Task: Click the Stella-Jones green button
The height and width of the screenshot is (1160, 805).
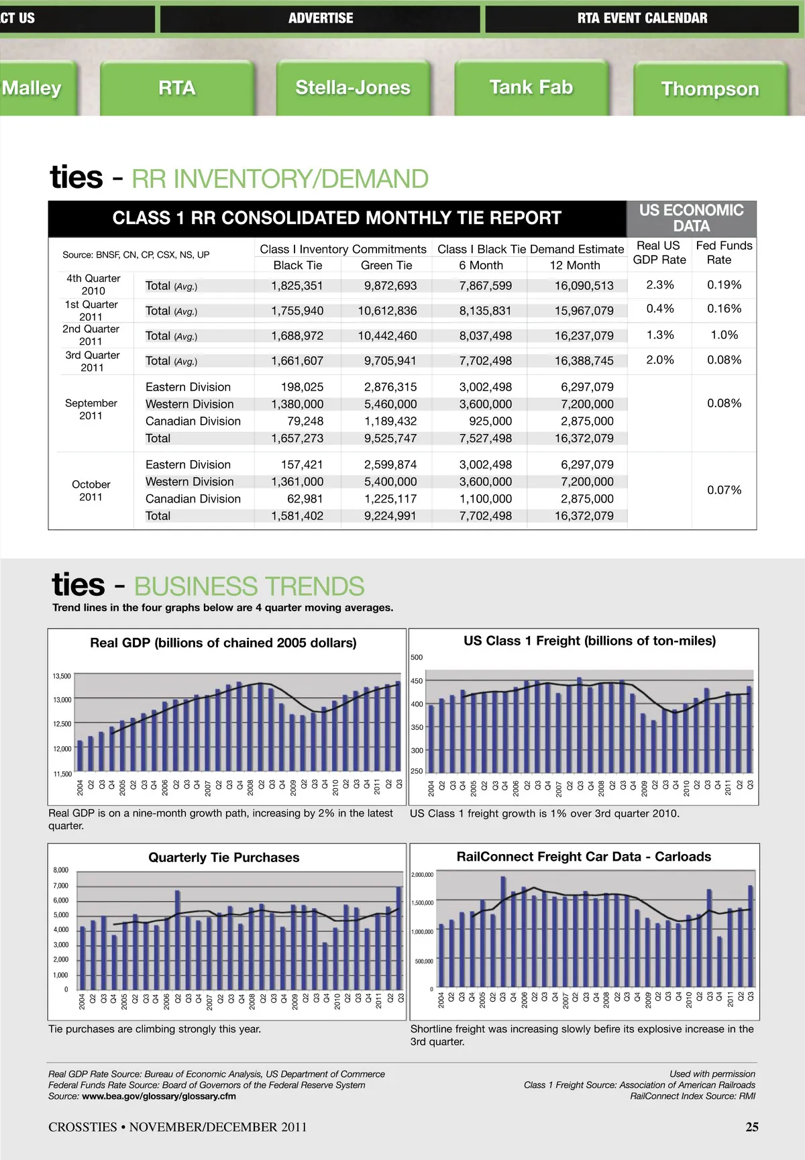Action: [x=353, y=88]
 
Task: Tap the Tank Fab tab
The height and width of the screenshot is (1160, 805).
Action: [x=531, y=87]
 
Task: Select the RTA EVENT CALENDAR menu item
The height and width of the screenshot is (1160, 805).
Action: [x=642, y=18]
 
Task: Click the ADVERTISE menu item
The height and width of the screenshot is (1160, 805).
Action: [x=321, y=18]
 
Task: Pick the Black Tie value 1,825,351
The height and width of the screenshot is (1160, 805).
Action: [x=297, y=286]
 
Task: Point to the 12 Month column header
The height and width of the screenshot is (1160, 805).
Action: [x=575, y=266]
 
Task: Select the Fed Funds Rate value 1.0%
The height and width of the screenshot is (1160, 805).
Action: [x=724, y=335]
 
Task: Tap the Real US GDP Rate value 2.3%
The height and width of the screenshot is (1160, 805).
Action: [x=659, y=285]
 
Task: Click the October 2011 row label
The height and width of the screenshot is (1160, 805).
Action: [x=91, y=490]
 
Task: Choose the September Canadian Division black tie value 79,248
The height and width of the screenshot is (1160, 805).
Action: [x=305, y=421]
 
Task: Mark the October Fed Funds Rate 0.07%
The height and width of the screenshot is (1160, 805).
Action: [x=724, y=490]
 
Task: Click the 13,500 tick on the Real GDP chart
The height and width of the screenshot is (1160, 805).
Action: [x=62, y=676]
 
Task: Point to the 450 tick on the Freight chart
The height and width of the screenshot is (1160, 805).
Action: [x=417, y=681]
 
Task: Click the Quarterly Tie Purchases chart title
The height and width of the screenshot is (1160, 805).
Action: [x=224, y=857]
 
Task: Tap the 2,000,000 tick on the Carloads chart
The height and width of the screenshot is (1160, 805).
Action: [x=422, y=875]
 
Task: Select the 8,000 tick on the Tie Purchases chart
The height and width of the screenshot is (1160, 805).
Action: [x=60, y=870]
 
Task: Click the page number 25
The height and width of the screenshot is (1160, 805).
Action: [x=752, y=1127]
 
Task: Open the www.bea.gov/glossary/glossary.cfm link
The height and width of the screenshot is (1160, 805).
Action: [x=159, y=1096]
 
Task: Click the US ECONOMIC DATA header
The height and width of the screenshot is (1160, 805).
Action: [x=691, y=219]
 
